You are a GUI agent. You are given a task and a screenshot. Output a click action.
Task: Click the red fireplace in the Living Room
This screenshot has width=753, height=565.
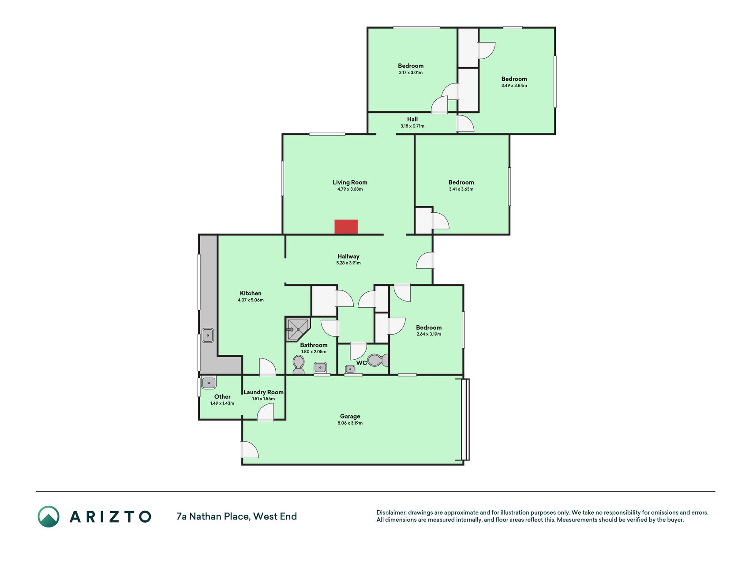[x=346, y=227]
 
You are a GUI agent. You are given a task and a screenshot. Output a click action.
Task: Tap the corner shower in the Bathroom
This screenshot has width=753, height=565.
[x=298, y=329]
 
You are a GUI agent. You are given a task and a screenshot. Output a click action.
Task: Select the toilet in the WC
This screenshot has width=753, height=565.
[x=378, y=360]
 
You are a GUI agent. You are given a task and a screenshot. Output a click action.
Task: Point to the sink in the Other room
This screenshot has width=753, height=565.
[x=209, y=383]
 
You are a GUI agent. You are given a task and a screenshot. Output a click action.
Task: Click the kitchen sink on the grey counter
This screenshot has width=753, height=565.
[x=208, y=336]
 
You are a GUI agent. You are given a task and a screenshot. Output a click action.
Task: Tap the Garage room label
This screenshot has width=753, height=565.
[x=350, y=416]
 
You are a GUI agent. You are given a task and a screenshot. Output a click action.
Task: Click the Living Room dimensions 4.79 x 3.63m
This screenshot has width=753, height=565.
[x=350, y=189]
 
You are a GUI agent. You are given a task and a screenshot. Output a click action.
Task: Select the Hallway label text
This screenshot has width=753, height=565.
[x=348, y=256]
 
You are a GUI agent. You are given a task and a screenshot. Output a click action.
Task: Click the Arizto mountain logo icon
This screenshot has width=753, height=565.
[x=49, y=516]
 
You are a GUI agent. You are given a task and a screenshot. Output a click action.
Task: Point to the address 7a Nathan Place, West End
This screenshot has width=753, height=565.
[x=236, y=516]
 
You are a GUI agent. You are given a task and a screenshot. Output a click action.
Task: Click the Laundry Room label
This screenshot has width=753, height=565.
[x=263, y=392]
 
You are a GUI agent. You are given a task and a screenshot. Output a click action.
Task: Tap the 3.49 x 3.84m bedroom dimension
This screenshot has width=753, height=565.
[x=514, y=86]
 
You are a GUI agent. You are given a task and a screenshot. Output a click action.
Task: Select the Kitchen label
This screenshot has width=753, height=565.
[x=251, y=293]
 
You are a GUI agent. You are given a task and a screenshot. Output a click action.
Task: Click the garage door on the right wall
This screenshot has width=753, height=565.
[x=465, y=419]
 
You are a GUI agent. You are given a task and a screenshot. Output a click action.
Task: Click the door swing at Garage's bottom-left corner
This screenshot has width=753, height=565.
[x=250, y=450]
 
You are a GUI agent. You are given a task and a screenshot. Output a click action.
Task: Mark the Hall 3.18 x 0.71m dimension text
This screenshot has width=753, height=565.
[x=412, y=126]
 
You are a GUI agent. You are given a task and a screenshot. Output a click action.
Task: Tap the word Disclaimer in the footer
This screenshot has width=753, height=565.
[x=391, y=512]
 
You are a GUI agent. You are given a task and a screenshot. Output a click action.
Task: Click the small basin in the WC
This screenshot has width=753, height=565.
[x=350, y=369]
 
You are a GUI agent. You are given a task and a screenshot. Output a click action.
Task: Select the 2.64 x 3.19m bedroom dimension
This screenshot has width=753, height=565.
[x=429, y=334]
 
